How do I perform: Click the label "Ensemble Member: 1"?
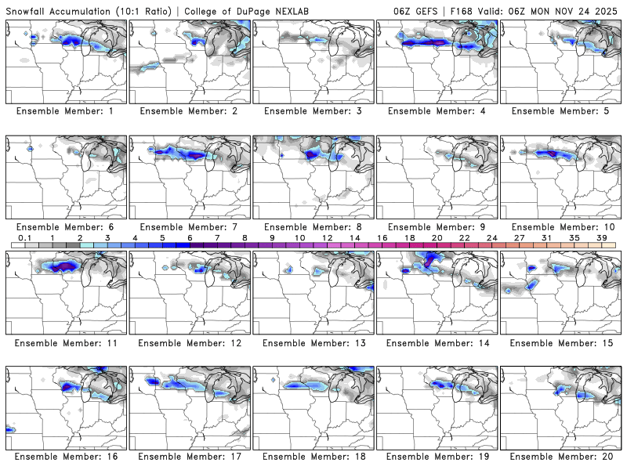click(66, 111)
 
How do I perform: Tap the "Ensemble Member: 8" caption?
click(313, 227)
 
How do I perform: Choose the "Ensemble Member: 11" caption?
click(66, 343)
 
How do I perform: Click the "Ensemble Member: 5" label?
click(561, 111)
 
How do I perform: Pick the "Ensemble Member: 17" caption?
click(190, 457)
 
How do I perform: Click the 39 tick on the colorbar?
click(600, 237)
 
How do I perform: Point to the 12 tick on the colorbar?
click(327, 237)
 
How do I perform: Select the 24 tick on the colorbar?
click(491, 237)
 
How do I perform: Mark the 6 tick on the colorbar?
click(190, 237)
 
